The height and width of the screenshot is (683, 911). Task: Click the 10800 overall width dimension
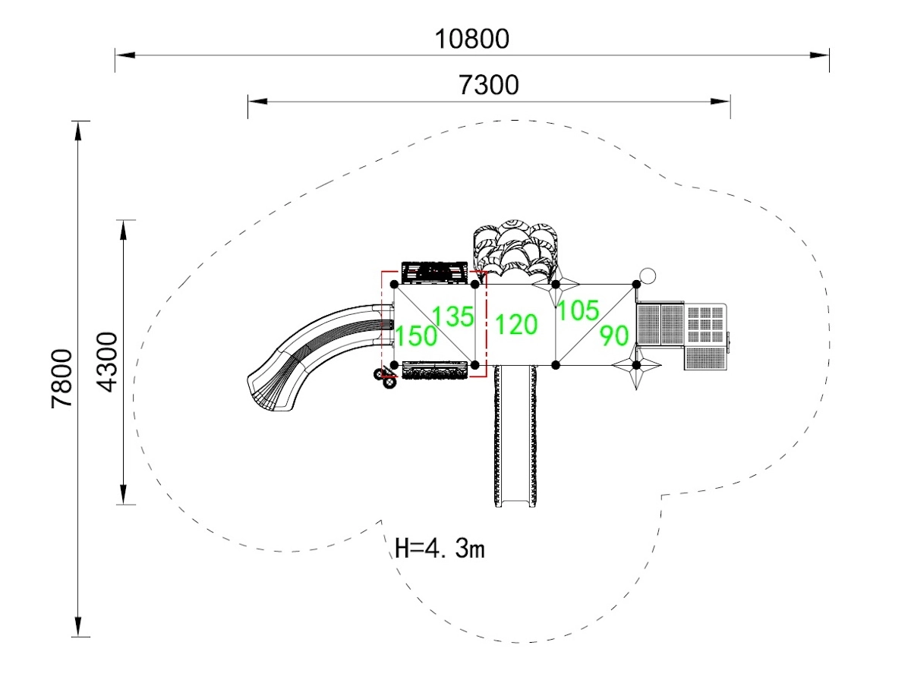pyautogui.click(x=471, y=38)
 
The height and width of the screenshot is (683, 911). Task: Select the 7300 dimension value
pyautogui.click(x=490, y=84)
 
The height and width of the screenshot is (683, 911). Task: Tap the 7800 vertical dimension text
pyautogui.click(x=62, y=378)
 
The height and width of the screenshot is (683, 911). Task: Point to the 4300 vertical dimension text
pyautogui.click(x=108, y=361)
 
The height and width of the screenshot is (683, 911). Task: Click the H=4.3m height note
pyautogui.click(x=440, y=547)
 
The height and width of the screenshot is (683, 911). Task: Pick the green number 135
pyautogui.click(x=454, y=316)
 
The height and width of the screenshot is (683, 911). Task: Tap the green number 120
pyautogui.click(x=516, y=325)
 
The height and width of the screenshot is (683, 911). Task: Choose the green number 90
pyautogui.click(x=614, y=335)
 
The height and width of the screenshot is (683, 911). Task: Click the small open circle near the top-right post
pyautogui.click(x=648, y=275)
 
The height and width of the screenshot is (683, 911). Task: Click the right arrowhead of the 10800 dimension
pyautogui.click(x=820, y=55)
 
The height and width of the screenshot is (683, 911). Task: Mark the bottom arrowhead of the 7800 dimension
pyautogui.click(x=78, y=626)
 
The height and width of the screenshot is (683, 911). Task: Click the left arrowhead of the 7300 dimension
pyautogui.click(x=257, y=101)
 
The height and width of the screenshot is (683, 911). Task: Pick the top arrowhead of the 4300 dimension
pyautogui.click(x=124, y=229)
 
